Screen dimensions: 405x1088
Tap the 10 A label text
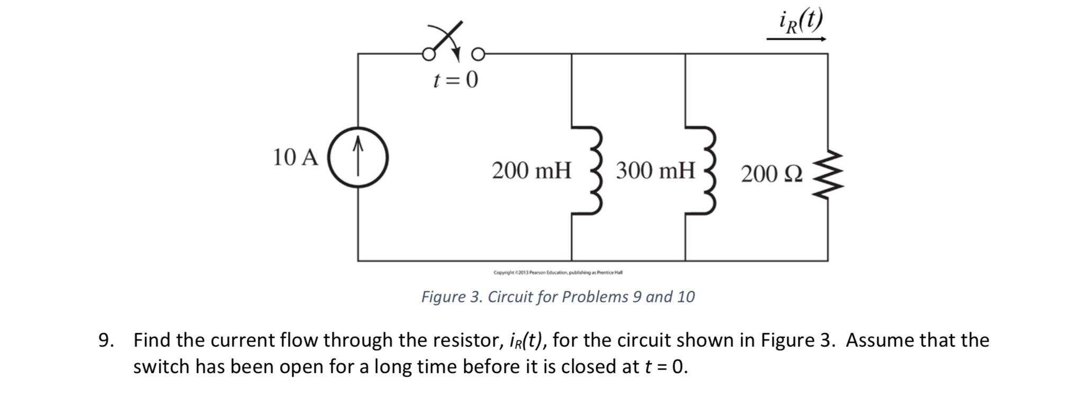coord(295,157)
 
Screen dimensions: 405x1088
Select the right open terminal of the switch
coord(478,54)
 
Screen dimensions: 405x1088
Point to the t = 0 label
coord(455,80)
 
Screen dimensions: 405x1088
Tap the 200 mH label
coord(532,171)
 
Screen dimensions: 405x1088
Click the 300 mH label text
coord(655,171)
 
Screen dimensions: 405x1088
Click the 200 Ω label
coord(771,174)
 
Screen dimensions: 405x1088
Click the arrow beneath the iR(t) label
coord(796,39)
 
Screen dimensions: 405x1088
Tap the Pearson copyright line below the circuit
coord(558,273)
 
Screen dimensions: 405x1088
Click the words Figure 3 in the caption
coord(451,297)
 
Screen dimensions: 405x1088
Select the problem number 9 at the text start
coord(105,340)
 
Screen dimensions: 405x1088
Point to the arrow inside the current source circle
coord(358,155)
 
